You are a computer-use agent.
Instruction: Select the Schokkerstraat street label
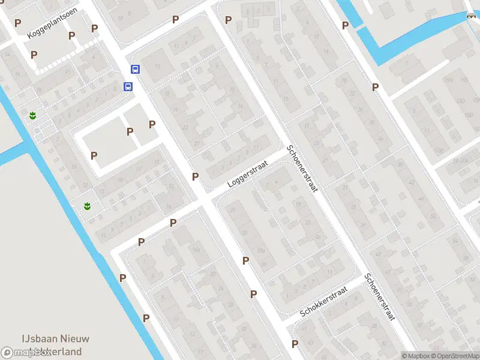[x=324, y=302]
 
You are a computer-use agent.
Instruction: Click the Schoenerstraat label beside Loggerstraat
[x=302, y=169]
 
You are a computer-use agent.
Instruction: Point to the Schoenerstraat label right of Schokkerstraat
[x=380, y=298]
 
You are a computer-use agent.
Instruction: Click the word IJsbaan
[x=40, y=338]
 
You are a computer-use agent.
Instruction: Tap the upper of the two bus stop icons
[x=136, y=69]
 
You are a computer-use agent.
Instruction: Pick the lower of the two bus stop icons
[x=128, y=86]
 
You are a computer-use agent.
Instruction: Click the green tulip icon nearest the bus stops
[x=32, y=115]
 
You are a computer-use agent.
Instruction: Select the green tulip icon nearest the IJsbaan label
[x=88, y=206]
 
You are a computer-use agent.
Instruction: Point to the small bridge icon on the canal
[x=471, y=16]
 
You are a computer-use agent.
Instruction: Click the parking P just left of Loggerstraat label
[x=195, y=176]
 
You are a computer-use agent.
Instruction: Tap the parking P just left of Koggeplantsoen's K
[x=17, y=23]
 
